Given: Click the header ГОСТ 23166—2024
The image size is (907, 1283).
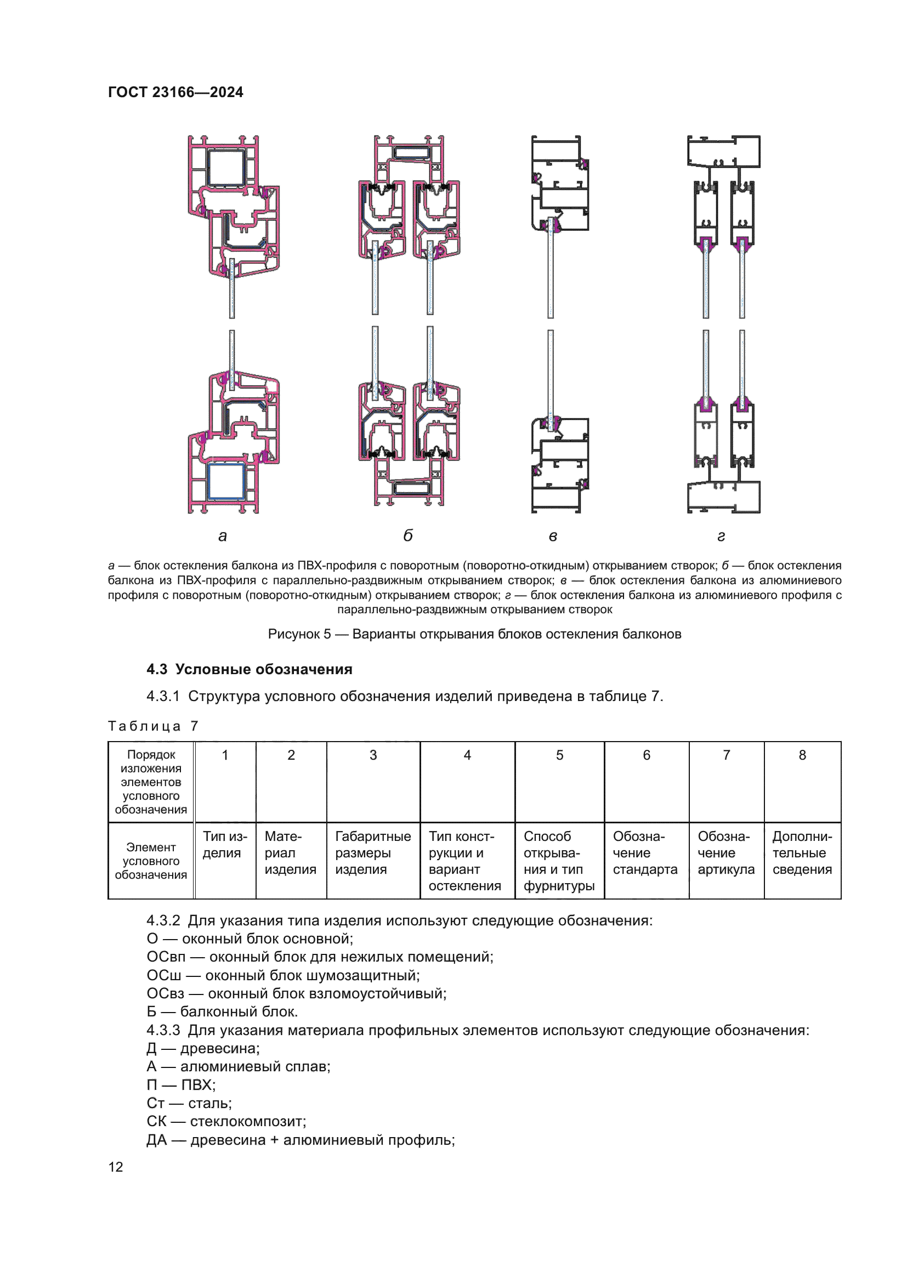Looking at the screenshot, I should click(x=175, y=92).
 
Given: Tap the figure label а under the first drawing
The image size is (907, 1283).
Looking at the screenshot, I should click(x=222, y=536).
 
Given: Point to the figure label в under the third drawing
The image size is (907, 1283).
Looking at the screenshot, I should click(x=552, y=536).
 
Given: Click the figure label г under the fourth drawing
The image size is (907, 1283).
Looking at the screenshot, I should click(x=721, y=536).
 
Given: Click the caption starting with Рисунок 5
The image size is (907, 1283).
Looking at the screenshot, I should click(x=474, y=634).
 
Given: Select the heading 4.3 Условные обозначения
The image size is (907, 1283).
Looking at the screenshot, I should click(x=249, y=669).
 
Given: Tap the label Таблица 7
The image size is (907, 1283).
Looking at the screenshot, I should click(x=153, y=726).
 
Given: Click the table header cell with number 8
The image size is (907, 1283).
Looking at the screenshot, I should click(x=802, y=755).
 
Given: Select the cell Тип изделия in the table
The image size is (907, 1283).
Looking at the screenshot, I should click(x=224, y=844).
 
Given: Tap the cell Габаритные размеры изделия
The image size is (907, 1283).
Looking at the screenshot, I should click(x=372, y=853).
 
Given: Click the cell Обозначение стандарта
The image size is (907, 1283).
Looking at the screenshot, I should click(x=645, y=853).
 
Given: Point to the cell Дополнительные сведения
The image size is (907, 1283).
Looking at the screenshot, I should click(x=802, y=853).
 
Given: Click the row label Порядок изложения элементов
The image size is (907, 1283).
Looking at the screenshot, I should click(x=151, y=782).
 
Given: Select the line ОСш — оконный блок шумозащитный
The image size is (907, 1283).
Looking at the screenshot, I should click(x=283, y=976).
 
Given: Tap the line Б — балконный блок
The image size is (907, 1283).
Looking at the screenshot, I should click(x=222, y=1012).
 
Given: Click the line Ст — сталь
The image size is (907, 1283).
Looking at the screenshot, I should click(x=189, y=1103).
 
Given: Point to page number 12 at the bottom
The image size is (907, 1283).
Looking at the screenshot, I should click(x=116, y=1167).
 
